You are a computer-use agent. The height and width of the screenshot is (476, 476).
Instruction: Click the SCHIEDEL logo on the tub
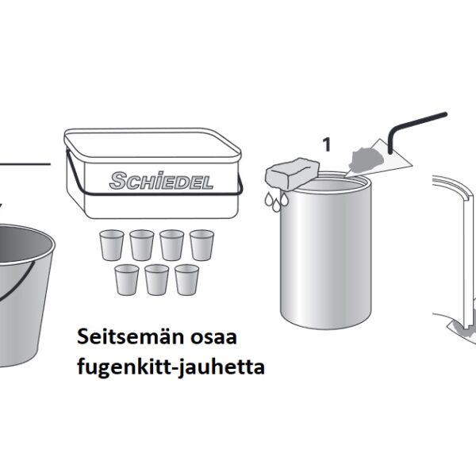pyautogui.click(x=161, y=180)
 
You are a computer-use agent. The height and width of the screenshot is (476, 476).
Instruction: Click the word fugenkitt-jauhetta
pyautogui.click(x=171, y=367)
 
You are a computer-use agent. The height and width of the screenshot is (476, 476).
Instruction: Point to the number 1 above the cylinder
pyautogui.click(x=327, y=144)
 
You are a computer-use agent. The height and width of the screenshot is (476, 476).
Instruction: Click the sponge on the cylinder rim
pyautogui.click(x=292, y=174)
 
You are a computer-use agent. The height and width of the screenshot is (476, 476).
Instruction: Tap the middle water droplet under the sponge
pyautogui.click(x=276, y=205)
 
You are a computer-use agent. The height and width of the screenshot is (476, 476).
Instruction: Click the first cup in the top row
pyautogui.click(x=112, y=245)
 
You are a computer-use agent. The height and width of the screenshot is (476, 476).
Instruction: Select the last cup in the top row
pyautogui.click(x=202, y=245)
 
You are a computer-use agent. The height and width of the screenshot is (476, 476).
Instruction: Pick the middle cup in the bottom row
pyautogui.click(x=156, y=279)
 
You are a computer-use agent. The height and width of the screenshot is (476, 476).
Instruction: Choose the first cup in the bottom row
pyautogui.click(x=127, y=279)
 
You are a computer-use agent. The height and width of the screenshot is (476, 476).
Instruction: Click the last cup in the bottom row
pyautogui.click(x=186, y=279)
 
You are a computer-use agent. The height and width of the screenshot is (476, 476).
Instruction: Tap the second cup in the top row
pyautogui.click(x=142, y=245)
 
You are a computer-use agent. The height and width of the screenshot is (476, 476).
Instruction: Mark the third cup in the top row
pyautogui.click(x=172, y=245)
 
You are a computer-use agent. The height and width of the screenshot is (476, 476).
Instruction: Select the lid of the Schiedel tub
pyautogui.click(x=152, y=144)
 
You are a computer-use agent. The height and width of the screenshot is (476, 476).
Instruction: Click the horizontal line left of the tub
pyautogui.click(x=25, y=164)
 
